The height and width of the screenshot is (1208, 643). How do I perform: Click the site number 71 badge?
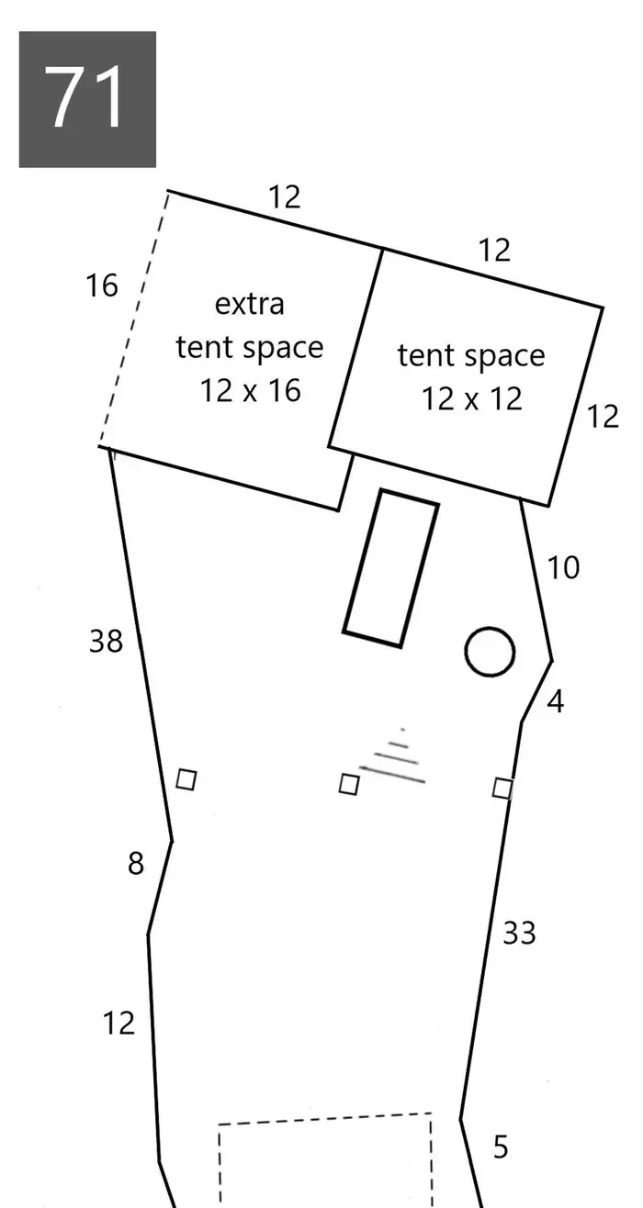(87, 99)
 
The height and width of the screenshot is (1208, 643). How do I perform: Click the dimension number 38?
(106, 642)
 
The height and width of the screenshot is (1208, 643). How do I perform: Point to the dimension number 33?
(519, 933)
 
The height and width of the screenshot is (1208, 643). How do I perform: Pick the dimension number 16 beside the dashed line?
(102, 285)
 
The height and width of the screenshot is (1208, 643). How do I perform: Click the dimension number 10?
(564, 567)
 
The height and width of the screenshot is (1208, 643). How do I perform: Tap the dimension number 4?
(556, 701)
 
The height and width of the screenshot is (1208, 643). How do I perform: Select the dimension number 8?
(136, 863)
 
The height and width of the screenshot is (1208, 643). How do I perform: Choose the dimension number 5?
(501, 1147)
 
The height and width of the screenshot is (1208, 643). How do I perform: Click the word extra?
(250, 304)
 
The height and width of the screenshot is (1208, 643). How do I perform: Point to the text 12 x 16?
(251, 390)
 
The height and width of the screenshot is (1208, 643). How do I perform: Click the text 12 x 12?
(472, 399)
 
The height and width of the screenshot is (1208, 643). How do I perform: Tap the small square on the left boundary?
(186, 780)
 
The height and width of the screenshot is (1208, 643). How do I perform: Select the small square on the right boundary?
(502, 789)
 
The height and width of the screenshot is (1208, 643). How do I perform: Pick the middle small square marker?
(349, 784)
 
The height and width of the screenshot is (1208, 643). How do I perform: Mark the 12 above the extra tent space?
(285, 196)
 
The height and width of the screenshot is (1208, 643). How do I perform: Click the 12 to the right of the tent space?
(603, 417)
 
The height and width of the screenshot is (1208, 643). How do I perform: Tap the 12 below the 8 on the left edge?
(118, 1023)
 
